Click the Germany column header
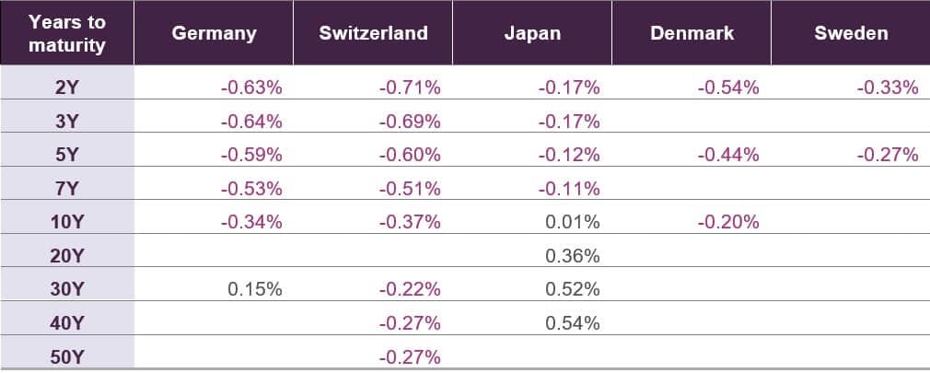tap(214, 33)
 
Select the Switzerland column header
tap(373, 33)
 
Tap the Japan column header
tap(532, 33)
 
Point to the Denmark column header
tap(692, 33)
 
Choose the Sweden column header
tap(851, 33)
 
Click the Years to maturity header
tap(66, 33)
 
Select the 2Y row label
tap(66, 88)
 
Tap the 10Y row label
tap(66, 222)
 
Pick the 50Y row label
tap(66, 356)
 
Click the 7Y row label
tap(66, 189)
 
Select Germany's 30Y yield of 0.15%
tap(255, 289)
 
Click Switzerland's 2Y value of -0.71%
tap(410, 88)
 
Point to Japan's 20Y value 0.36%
tap(573, 256)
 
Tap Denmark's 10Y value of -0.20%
tap(727, 222)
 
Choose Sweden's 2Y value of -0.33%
tap(888, 88)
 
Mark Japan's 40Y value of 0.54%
tap(573, 323)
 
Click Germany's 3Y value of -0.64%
tap(251, 122)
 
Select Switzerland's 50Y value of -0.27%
tap(410, 356)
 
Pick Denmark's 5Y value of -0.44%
tap(727, 155)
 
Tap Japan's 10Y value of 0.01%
tap(573, 222)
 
